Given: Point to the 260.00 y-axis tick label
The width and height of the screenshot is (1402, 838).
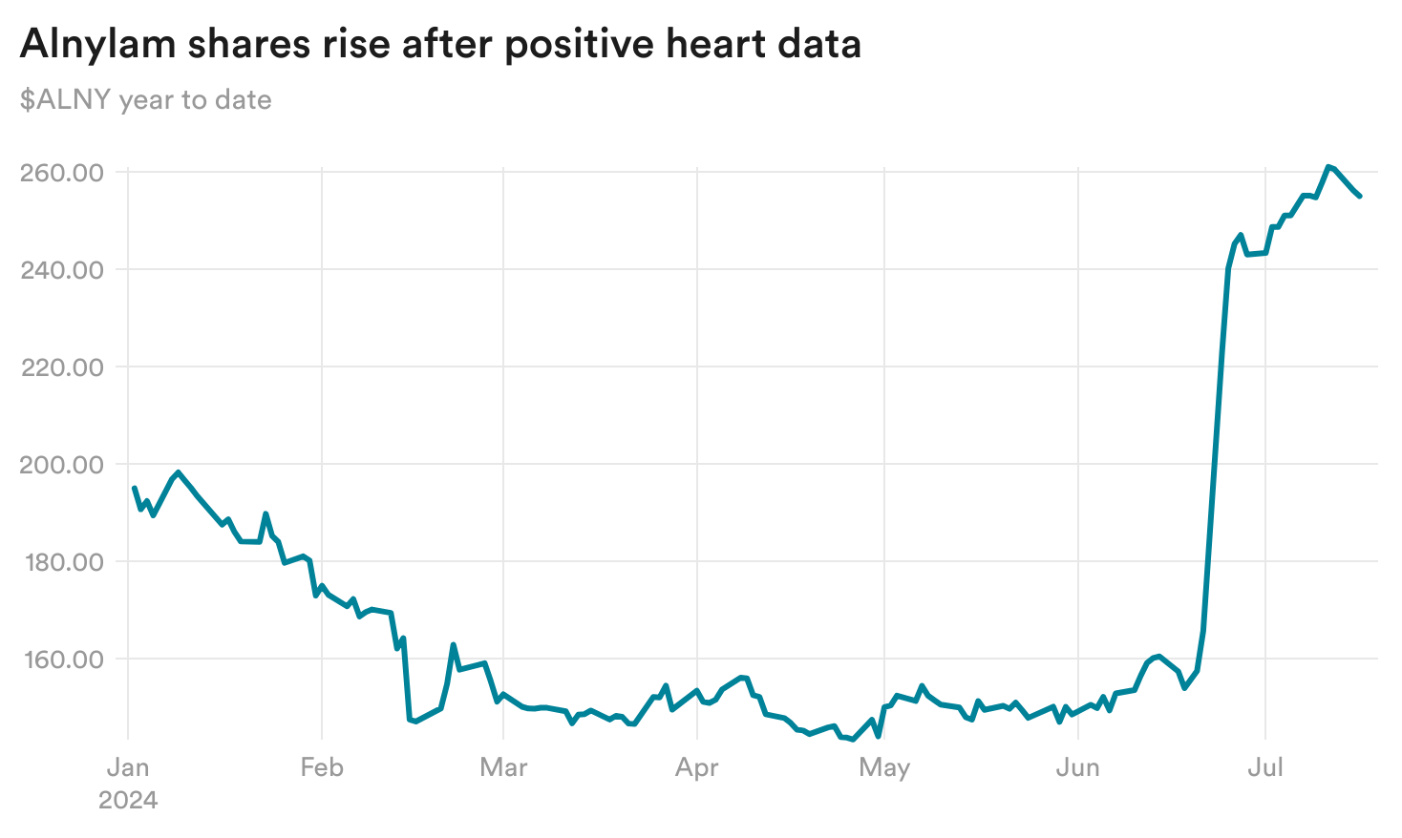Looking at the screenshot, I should [62, 173].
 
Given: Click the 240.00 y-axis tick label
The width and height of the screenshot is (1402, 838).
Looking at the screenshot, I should [62, 270].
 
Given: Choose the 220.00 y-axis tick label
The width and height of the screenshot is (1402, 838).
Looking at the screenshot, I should [62, 367].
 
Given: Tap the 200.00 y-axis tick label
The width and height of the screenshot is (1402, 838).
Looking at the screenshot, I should [62, 465].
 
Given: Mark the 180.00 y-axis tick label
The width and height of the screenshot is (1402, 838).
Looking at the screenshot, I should [62, 562].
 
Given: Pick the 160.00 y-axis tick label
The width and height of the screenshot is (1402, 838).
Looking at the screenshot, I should [62, 660].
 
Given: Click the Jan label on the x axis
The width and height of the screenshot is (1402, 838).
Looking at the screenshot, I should [128, 767].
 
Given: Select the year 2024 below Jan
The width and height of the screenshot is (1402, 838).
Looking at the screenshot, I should [128, 800].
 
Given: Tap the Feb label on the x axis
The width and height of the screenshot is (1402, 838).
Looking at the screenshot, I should [322, 767].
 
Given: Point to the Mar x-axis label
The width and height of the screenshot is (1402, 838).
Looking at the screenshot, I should [503, 767].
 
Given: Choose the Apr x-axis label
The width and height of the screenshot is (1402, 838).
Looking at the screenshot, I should [697, 767].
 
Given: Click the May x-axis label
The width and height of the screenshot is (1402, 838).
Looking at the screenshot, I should [884, 767].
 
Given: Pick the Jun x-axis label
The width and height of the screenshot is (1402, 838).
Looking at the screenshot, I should [1078, 767].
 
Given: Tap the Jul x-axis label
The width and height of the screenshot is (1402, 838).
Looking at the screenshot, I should [1265, 767].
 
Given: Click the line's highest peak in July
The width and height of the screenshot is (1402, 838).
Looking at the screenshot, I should [1328, 166].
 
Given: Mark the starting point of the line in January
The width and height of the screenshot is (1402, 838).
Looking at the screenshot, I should [134, 488].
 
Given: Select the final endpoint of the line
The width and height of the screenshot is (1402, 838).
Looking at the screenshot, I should [1359, 196].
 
